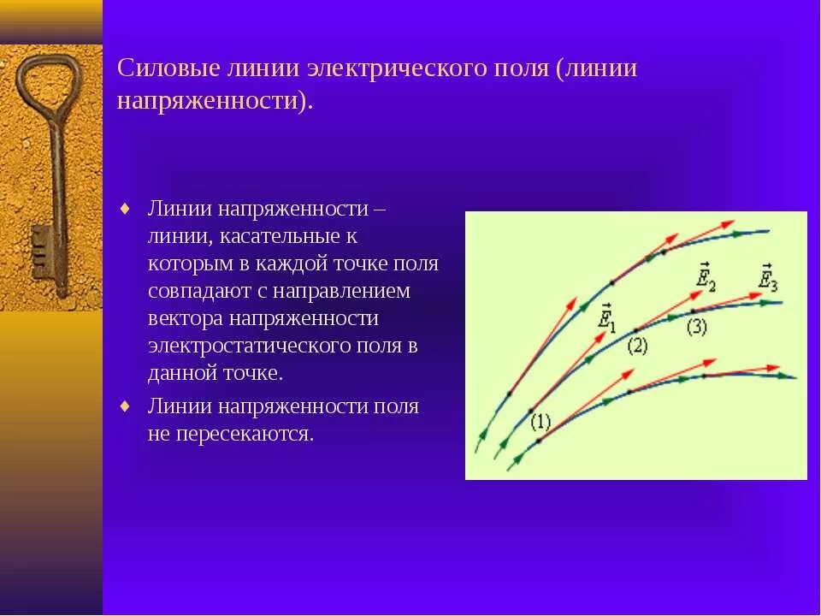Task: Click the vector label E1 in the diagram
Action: point(605,316)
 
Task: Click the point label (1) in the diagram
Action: point(540,422)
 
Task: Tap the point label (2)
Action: point(637,346)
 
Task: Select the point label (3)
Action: point(697,327)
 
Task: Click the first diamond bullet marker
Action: point(126,208)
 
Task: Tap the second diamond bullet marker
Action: point(126,406)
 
